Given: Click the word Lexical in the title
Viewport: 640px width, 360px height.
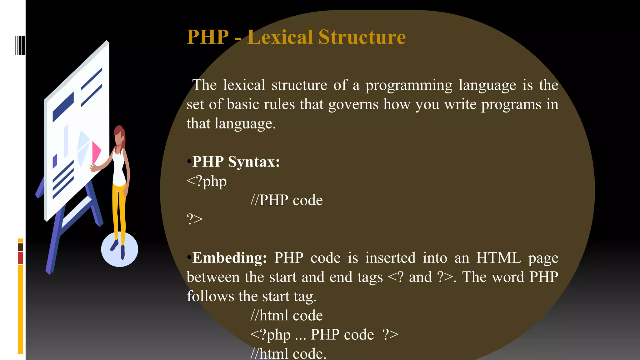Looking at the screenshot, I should click(x=280, y=37).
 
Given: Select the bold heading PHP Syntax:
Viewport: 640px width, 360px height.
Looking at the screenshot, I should click(x=236, y=162).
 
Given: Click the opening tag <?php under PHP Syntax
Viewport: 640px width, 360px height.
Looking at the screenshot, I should click(x=207, y=181).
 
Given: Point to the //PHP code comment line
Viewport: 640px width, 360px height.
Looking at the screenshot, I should click(x=286, y=200).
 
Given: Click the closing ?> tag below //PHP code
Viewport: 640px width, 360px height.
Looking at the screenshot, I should click(x=195, y=219).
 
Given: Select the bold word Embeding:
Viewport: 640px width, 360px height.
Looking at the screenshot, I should click(x=229, y=258).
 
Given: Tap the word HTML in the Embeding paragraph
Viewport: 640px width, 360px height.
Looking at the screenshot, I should click(x=498, y=258).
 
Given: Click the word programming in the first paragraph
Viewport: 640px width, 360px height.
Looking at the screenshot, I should click(x=409, y=85).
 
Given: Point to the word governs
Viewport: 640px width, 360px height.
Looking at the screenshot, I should click(x=353, y=104).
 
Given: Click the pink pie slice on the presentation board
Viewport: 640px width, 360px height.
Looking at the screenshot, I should click(x=96, y=152).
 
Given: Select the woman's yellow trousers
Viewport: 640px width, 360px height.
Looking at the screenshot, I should click(x=119, y=209).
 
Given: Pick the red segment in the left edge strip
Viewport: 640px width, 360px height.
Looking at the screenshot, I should click(x=20, y=258).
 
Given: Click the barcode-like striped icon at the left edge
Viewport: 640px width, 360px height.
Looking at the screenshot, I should click(x=20, y=45).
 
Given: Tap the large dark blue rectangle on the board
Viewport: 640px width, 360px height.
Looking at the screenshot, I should click(x=63, y=107).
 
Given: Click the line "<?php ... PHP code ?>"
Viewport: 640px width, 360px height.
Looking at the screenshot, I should click(x=324, y=335).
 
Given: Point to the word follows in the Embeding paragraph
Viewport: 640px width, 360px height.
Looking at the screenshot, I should click(x=210, y=296).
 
